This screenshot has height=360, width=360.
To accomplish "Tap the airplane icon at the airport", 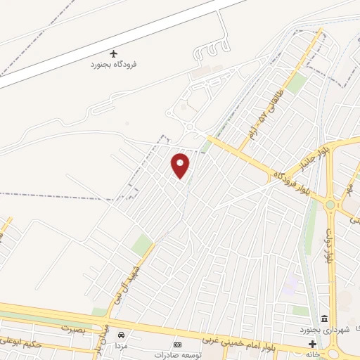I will (113, 53).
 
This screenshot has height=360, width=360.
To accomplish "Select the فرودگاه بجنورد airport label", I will (113, 64).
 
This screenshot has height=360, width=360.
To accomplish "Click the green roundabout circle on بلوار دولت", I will (330, 205).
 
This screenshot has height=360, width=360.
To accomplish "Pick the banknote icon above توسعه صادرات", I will (177, 345).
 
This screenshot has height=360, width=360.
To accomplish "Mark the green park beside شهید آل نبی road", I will (142, 245).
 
